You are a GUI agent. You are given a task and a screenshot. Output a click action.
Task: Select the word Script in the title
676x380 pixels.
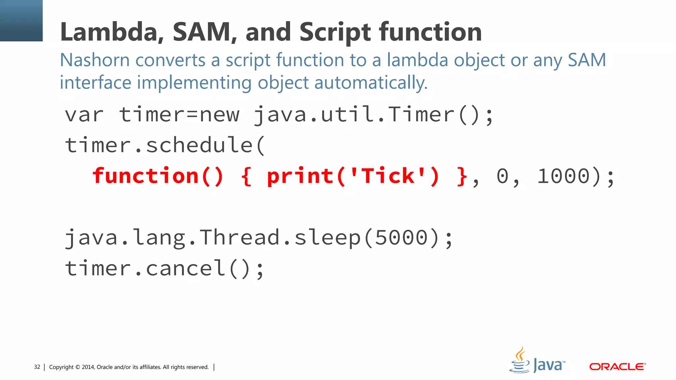click(335, 32)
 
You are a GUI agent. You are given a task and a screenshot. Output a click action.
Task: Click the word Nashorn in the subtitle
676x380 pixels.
click(95, 60)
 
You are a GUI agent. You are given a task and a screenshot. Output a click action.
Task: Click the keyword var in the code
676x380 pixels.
click(84, 115)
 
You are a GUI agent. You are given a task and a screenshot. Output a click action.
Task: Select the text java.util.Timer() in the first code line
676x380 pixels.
click(373, 115)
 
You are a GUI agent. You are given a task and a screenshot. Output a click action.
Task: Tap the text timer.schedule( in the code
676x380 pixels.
click(165, 145)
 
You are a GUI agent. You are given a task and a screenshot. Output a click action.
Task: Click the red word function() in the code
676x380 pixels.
click(158, 176)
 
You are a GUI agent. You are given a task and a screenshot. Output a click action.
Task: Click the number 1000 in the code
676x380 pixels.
click(563, 176)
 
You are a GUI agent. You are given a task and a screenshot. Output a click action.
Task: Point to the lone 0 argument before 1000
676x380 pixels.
click(502, 176)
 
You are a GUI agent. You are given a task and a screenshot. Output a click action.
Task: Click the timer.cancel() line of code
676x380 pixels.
click(164, 268)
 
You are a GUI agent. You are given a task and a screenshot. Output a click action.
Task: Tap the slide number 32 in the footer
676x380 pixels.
click(37, 367)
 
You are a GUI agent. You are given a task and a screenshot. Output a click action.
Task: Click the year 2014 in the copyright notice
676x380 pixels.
click(88, 367)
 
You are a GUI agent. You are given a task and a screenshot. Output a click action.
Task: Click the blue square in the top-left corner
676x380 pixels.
click(21, 20)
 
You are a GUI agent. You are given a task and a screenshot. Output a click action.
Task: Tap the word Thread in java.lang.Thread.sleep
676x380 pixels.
click(240, 237)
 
